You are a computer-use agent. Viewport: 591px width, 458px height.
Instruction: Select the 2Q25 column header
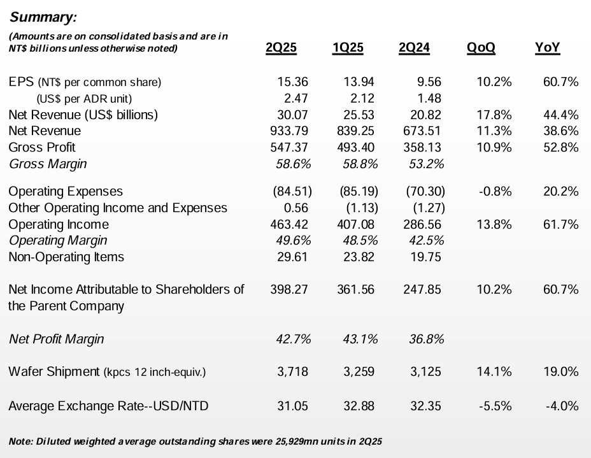[x=281, y=48]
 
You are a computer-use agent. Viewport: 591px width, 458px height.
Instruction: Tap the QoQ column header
[x=481, y=48]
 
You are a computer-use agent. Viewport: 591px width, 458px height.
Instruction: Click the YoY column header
[x=548, y=48]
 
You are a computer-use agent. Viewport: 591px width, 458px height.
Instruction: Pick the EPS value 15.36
[x=293, y=82]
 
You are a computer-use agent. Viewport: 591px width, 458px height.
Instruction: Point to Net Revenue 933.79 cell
[x=288, y=131]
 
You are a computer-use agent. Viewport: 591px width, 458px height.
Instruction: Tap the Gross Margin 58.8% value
[x=359, y=164]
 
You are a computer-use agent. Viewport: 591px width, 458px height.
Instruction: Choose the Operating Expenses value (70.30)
[x=424, y=191]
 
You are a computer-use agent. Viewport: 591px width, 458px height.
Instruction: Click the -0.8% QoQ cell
[x=494, y=191]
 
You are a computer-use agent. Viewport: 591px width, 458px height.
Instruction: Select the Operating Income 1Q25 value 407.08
[x=356, y=224]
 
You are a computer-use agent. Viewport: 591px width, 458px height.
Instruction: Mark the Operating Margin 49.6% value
[x=293, y=241]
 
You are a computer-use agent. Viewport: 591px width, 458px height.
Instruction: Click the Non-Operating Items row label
[x=66, y=257]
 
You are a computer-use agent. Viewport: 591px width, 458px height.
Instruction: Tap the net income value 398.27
[x=288, y=290]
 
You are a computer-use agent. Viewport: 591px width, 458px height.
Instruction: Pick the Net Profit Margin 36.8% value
[x=425, y=339]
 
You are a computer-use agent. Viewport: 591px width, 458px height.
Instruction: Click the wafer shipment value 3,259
[x=359, y=371]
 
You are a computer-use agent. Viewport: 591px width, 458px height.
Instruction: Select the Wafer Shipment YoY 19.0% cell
[x=560, y=371]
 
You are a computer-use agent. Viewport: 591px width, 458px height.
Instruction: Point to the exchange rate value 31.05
[x=293, y=406]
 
